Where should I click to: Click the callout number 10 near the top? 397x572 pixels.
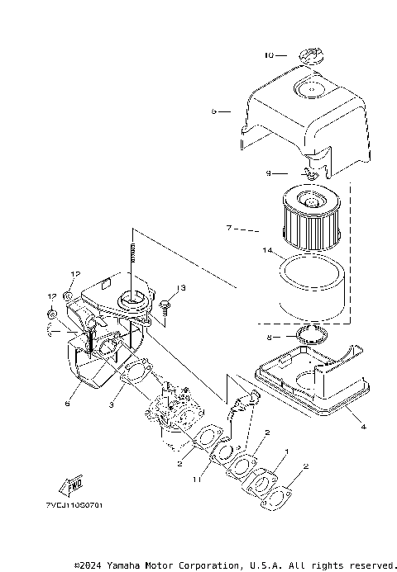click(x=269, y=55)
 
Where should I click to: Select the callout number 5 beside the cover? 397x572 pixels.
click(x=213, y=110)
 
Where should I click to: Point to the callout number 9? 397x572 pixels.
click(x=269, y=173)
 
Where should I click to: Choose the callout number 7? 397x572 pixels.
click(x=229, y=226)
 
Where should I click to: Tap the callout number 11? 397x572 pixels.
click(x=195, y=479)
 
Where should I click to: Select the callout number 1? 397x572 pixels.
click(x=286, y=452)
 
